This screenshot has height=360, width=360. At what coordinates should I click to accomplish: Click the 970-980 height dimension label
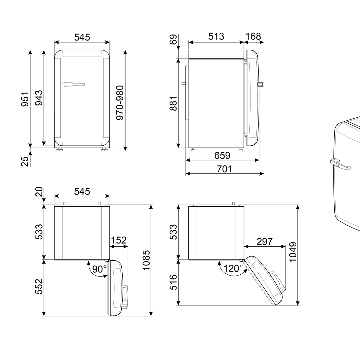[120, 103]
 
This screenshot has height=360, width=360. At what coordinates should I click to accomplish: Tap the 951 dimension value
[25, 99]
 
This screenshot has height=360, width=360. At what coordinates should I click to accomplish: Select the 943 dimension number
[39, 98]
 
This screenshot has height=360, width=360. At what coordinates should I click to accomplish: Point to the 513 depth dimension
[216, 36]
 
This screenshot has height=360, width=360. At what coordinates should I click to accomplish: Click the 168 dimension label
[253, 36]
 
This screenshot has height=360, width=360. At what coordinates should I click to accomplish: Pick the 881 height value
[173, 103]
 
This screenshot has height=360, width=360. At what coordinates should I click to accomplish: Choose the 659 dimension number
[222, 155]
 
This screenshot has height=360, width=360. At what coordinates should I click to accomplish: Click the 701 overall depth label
[225, 169]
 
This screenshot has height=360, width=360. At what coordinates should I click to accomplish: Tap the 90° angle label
[99, 269]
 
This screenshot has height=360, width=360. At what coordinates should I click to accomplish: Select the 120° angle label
[233, 268]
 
